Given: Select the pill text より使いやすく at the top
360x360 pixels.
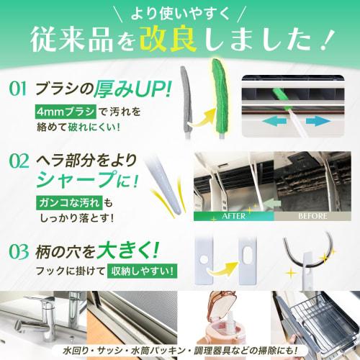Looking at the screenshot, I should tap(180, 12).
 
